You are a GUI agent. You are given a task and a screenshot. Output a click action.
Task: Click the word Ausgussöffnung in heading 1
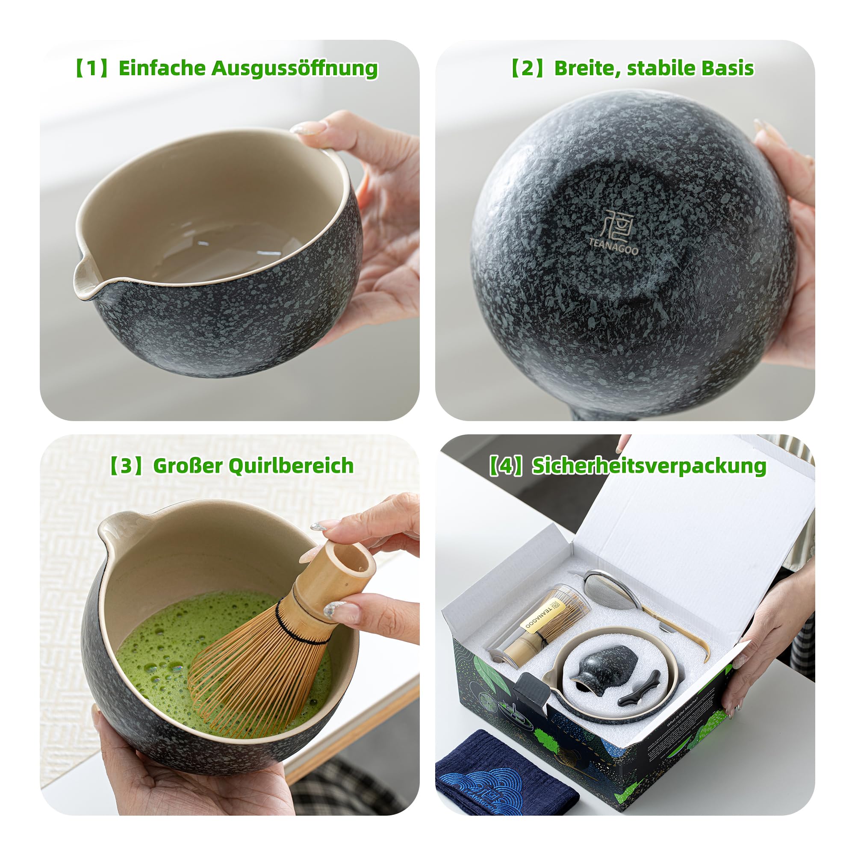click(294, 68)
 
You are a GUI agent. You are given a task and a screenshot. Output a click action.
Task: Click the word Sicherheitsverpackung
click(649, 466)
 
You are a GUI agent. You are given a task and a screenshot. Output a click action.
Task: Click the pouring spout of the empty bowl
click(84, 281)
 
